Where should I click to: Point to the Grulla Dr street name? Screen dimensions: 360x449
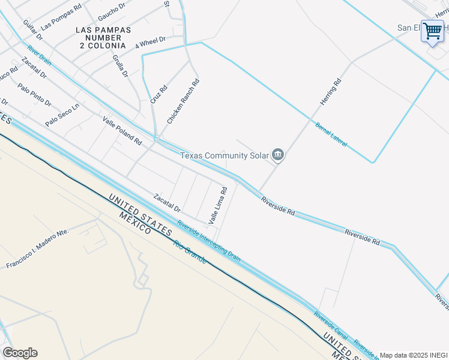(x=120, y=67)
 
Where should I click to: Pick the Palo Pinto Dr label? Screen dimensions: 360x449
(x=34, y=95)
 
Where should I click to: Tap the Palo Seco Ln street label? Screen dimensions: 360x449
(x=62, y=115)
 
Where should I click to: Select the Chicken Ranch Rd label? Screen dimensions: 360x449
(x=183, y=101)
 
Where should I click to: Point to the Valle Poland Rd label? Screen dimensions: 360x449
(x=122, y=131)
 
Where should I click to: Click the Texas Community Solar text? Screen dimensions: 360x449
(x=225, y=156)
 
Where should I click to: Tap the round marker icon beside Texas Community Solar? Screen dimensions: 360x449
(x=277, y=155)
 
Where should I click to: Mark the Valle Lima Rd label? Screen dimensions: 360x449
(x=218, y=206)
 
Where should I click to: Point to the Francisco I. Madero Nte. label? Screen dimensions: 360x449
(x=37, y=249)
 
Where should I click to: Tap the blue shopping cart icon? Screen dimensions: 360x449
(x=432, y=30)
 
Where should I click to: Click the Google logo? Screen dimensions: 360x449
(x=20, y=353)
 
